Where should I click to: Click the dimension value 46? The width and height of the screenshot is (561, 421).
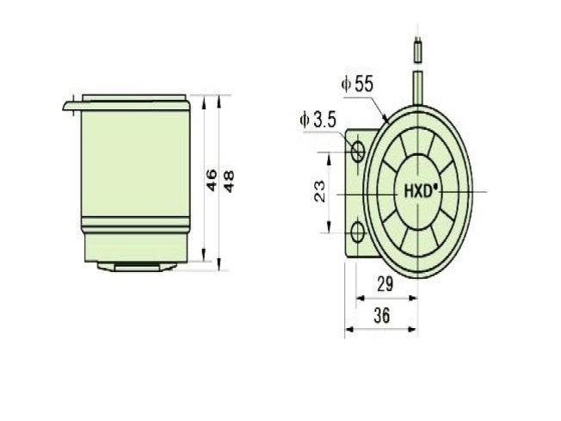tap(211, 180)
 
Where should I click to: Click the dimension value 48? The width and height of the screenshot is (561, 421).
tap(228, 180)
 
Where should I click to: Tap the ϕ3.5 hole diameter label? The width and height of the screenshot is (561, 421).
tap(317, 121)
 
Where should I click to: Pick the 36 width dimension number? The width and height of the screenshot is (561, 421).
tap(382, 316)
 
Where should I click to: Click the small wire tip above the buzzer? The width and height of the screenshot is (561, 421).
tap(417, 50)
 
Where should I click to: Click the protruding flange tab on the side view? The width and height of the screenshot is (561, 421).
tap(71, 106)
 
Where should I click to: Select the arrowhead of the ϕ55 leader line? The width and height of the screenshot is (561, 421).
tap(385, 117)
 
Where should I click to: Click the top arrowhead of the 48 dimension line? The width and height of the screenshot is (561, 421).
tap(219, 96)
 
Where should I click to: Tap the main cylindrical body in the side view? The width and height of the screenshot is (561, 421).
tap(133, 172)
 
